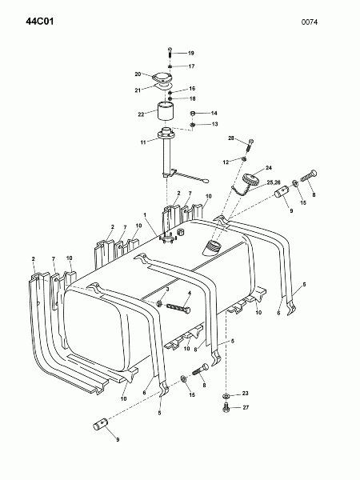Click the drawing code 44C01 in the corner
pyautogui.click(x=39, y=22)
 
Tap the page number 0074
pyautogui.click(x=310, y=22)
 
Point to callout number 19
pyautogui.click(x=190, y=54)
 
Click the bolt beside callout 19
pyautogui.click(x=170, y=54)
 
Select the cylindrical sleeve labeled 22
pyautogui.click(x=166, y=112)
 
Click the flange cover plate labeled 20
pyautogui.click(x=162, y=78)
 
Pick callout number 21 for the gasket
pyautogui.click(x=138, y=90)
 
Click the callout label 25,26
pyautogui.click(x=274, y=182)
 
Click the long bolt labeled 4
pyautogui.click(x=178, y=308)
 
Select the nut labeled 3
pyautogui.click(x=159, y=304)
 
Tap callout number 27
pyautogui.click(x=246, y=407)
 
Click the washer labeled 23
pyautogui.click(x=226, y=396)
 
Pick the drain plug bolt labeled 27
pyautogui.click(x=226, y=408)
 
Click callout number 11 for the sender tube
pyautogui.click(x=143, y=142)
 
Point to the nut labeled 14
pyautogui.click(x=193, y=114)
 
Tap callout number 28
pyautogui.click(x=231, y=138)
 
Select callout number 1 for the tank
pyautogui.click(x=145, y=215)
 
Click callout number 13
pyautogui.click(x=214, y=124)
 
